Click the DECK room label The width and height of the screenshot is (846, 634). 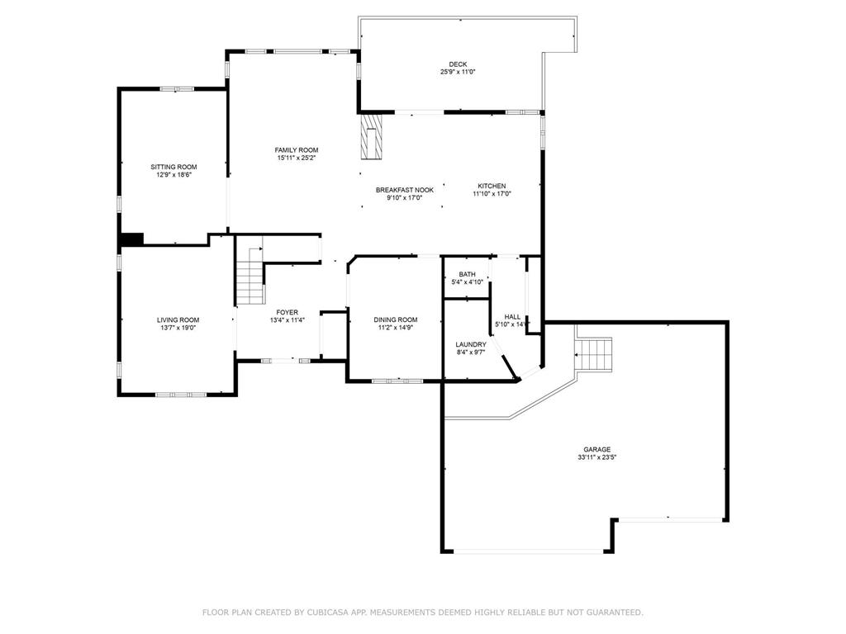pos(457,64)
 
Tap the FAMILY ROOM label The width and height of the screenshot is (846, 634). pos(297,149)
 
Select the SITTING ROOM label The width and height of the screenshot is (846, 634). pos(173,167)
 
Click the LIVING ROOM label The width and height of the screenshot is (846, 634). pos(178,319)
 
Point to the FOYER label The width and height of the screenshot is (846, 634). pos(288,312)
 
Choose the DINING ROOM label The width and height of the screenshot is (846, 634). pos(396,319)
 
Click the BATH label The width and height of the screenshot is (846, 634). pos(467,274)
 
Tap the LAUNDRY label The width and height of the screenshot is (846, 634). pos(471,344)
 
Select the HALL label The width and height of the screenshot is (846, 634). pos(512,316)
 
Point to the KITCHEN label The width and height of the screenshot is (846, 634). pos(492,186)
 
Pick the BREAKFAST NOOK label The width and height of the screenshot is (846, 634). pos(405,190)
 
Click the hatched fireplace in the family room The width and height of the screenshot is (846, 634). pos(372,136)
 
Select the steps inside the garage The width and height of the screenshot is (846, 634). pos(593,355)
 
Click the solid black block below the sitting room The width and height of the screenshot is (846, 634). pos(131,239)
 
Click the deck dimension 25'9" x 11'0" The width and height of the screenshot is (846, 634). pos(457,72)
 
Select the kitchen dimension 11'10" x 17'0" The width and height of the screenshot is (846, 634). pos(492,194)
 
